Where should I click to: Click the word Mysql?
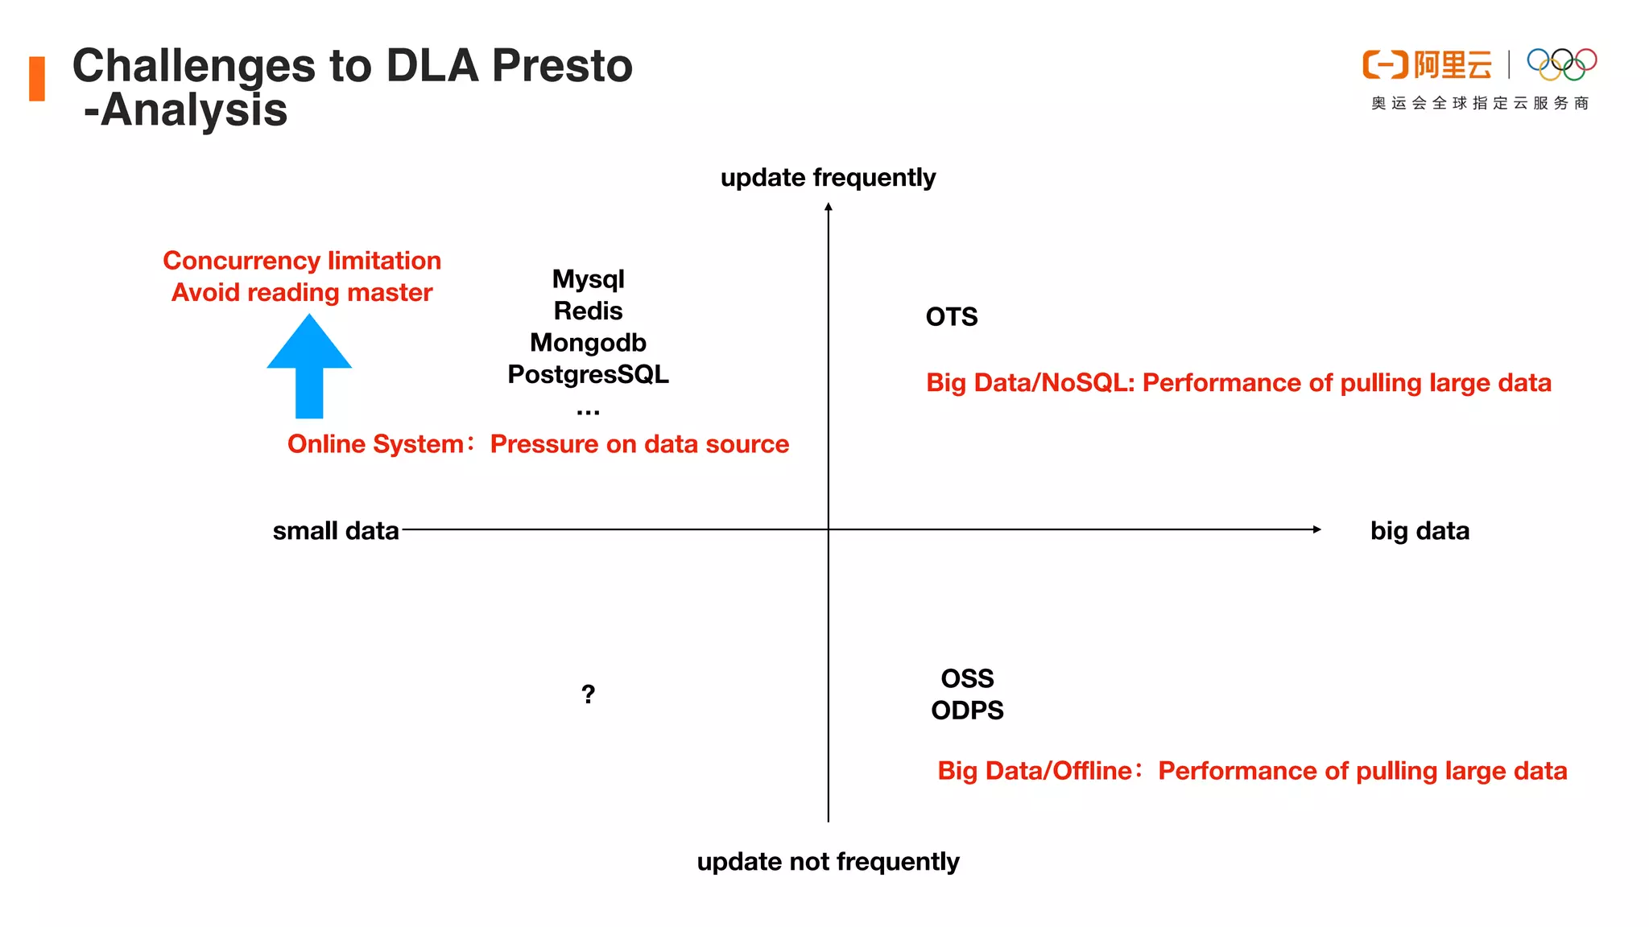pos(588,279)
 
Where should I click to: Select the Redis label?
pos(588,311)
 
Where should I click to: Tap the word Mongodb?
pos(588,343)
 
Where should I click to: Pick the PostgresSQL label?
pos(588,374)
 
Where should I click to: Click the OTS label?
pos(951,317)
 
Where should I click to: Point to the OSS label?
pos(967,678)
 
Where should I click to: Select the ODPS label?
pos(967,711)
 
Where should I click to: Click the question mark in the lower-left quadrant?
pos(588,694)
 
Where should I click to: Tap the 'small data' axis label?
pos(336,531)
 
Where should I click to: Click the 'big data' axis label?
pos(1420,531)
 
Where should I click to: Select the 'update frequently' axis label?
pos(828,177)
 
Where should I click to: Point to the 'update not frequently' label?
pos(828,862)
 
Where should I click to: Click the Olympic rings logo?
pos(1561,64)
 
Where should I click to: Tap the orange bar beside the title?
pos(37,79)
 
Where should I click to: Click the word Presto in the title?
pos(562,66)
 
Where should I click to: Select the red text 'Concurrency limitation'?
pos(302,261)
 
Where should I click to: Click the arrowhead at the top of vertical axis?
pos(828,208)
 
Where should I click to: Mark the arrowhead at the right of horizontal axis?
pos(1316,529)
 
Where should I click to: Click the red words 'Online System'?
pos(375,444)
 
